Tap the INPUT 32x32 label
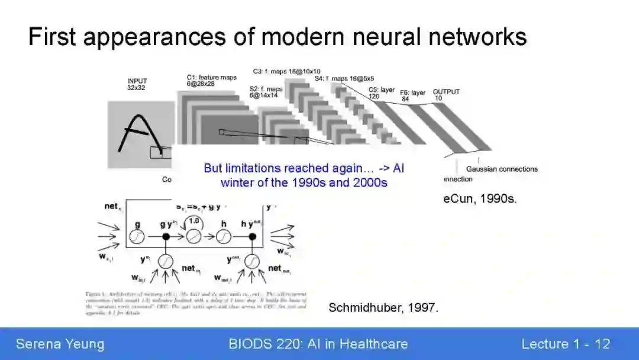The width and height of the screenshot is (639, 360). coord(137,84)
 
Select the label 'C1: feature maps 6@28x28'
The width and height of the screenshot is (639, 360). coord(211,81)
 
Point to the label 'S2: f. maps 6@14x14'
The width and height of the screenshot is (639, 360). coord(266,92)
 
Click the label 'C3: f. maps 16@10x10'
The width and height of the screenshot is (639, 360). coord(286,71)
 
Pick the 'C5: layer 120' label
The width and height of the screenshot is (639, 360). coord(382,92)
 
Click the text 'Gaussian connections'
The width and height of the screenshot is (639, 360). coord(502,169)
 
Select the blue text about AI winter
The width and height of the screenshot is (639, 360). coord(304,175)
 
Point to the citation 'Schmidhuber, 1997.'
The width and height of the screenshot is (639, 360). coord(383,308)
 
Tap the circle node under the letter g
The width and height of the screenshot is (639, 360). coord(137,236)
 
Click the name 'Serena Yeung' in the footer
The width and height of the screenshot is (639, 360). coord(60,344)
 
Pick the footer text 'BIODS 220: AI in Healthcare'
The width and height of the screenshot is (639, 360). coord(318,344)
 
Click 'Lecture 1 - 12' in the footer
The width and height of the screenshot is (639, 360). coord(565,344)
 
